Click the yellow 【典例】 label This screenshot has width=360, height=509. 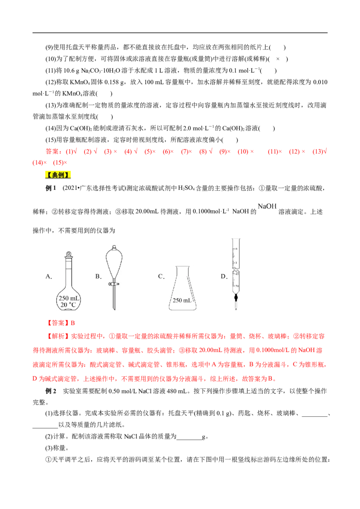58,174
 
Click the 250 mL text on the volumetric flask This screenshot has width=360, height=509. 68,298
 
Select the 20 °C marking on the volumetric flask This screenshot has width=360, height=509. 68,305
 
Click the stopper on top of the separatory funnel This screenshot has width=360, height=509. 115,248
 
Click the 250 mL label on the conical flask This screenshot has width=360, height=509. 182,300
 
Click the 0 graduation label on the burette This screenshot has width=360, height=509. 237,249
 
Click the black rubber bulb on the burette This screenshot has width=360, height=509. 236,297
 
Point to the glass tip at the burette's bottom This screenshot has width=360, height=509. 236,308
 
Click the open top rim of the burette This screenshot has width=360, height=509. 236,239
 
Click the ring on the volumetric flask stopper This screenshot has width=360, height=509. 68,253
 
